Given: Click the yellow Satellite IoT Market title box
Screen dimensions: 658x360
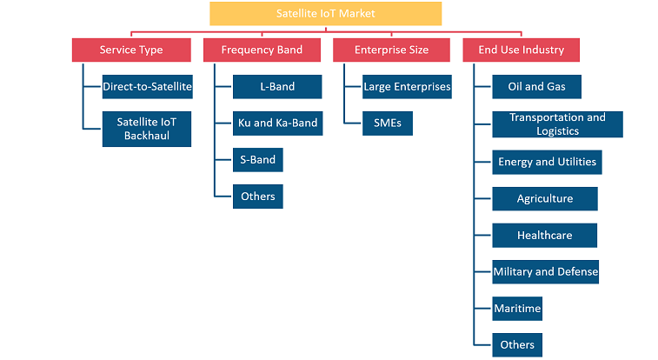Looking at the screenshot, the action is [326, 13].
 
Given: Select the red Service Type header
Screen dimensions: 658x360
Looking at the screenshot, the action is [131, 50].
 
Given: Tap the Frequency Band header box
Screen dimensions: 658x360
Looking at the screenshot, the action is [262, 50].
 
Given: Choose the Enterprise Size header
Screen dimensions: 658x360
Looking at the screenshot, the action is [391, 50].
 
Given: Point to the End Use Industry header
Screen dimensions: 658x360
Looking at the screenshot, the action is [522, 50].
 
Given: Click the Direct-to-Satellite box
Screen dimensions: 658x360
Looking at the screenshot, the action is [147, 87].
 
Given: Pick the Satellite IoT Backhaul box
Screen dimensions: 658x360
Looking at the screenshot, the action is [147, 129].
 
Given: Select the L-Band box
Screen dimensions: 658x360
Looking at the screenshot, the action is [277, 87].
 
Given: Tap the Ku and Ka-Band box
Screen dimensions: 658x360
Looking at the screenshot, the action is [278, 123].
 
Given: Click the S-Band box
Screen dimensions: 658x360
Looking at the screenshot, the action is [257, 160].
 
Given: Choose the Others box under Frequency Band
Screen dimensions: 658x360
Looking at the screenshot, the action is [257, 197].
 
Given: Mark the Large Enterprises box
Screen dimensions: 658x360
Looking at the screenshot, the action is [407, 87].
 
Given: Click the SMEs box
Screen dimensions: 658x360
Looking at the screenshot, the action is [388, 123].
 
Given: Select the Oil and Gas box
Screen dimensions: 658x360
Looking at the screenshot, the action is [536, 87].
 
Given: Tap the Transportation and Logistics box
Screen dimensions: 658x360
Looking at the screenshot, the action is [558, 124].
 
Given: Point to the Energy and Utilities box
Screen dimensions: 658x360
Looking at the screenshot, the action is [548, 162].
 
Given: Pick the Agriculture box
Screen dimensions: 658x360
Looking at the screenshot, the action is [545, 199].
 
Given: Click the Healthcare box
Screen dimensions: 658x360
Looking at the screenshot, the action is [545, 236].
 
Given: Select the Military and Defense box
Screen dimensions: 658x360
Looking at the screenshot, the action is [546, 272].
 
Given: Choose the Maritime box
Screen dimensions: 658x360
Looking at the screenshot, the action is [517, 309].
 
